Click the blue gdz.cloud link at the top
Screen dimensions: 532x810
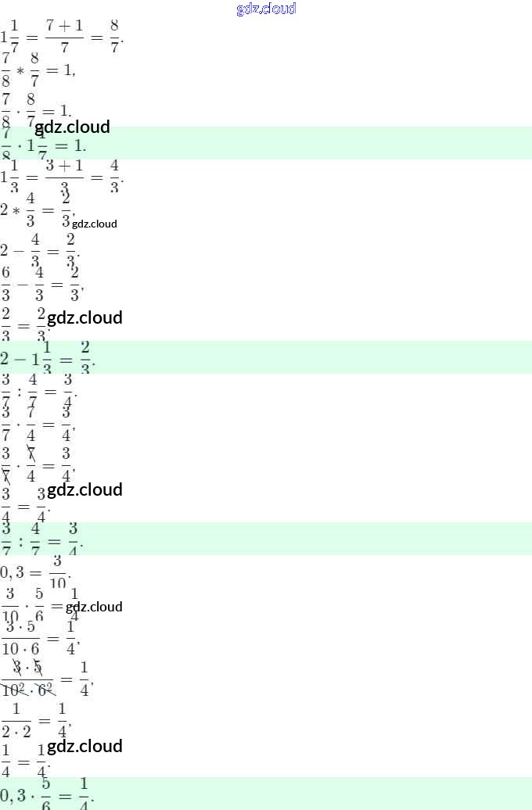(x=266, y=9)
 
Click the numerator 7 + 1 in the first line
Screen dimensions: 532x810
(x=64, y=26)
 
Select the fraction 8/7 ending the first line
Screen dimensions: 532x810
(x=115, y=38)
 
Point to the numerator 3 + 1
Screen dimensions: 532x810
(x=64, y=164)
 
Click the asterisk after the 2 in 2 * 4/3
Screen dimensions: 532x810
(x=15, y=211)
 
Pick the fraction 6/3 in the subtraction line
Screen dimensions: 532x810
(x=6, y=283)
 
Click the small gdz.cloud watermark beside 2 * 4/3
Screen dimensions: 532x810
(x=95, y=224)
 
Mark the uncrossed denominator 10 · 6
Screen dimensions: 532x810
(x=26, y=648)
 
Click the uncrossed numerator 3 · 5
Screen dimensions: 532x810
(x=26, y=628)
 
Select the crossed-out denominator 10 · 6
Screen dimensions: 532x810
(x=27, y=690)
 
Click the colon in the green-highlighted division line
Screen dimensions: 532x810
(x=20, y=539)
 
